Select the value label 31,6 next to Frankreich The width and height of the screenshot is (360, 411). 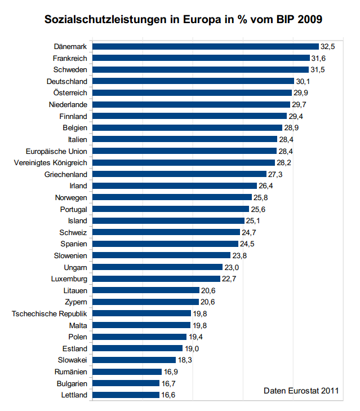319,58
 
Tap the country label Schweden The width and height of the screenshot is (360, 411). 70,69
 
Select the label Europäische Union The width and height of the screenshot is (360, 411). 56,151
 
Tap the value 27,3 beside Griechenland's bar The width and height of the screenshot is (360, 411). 275,174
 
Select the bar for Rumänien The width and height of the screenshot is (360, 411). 127,372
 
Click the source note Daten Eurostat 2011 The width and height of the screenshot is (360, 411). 301,390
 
